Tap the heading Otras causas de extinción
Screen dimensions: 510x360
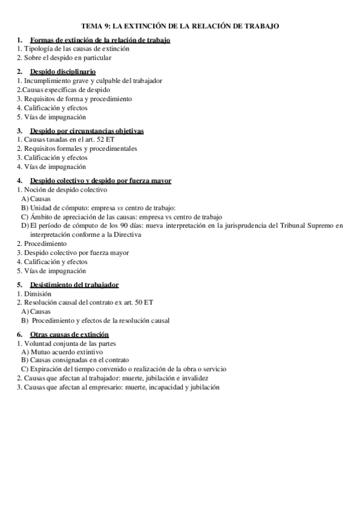pos(69,334)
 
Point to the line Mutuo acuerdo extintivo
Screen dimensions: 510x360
pos(66,352)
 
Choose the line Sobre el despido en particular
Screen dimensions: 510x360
pos(67,58)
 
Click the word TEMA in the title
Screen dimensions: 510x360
pos(91,26)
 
